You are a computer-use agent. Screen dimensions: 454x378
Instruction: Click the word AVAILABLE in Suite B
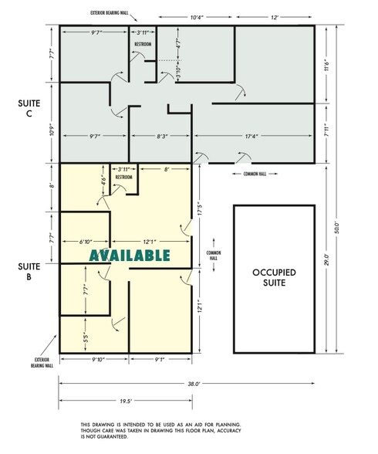point(129,256)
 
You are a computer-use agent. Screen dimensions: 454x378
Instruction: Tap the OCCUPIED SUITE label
point(274,277)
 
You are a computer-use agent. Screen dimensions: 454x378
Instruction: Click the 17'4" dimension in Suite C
point(252,137)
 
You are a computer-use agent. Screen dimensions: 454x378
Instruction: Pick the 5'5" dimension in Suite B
point(86,337)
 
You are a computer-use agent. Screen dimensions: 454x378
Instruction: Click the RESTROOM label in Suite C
point(143,45)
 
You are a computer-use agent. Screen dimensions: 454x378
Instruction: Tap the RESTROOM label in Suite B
point(124,178)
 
